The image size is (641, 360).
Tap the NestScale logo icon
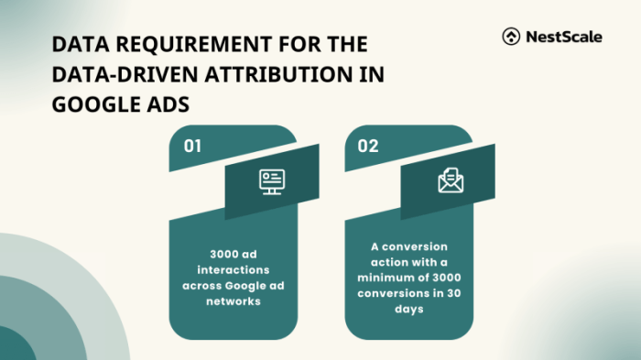click(511, 37)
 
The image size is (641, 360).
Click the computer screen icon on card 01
click(272, 181)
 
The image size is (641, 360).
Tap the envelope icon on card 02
click(451, 181)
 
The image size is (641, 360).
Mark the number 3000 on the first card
click(218, 254)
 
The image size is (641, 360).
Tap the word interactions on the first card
click(233, 269)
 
